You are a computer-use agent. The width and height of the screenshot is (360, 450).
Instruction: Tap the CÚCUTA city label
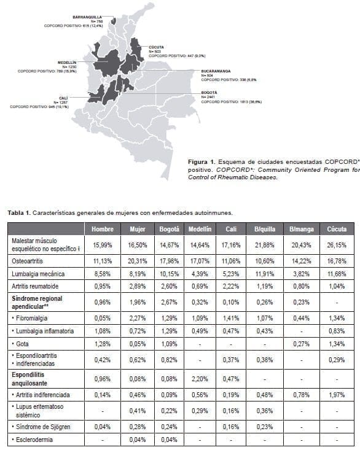[156, 46]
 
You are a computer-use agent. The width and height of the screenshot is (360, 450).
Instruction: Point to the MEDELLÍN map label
[66, 63]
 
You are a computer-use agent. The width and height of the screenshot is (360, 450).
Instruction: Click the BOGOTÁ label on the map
[209, 92]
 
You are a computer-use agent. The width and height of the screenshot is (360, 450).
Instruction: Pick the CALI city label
[63, 98]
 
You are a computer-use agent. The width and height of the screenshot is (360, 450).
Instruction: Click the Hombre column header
[102, 228]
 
